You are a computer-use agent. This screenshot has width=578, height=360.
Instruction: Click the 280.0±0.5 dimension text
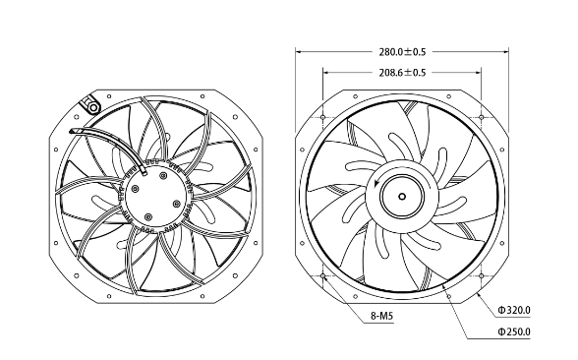pyautogui.click(x=402, y=52)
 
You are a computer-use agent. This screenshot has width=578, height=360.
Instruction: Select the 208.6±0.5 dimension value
pyautogui.click(x=402, y=73)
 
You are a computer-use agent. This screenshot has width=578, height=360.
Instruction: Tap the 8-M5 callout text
pyautogui.click(x=381, y=316)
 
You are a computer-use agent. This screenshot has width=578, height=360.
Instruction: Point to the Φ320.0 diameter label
pyautogui.click(x=514, y=310)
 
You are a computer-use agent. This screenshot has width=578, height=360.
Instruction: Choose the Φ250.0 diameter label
pyautogui.click(x=514, y=332)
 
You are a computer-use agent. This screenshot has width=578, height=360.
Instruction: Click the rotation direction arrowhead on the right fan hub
pyautogui.click(x=376, y=183)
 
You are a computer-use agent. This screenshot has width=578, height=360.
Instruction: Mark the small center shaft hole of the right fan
pyautogui.click(x=402, y=197)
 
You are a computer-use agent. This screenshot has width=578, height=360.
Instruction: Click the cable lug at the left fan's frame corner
pyautogui.click(x=90, y=104)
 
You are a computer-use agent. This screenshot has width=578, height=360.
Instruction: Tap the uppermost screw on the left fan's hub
pyautogui.click(x=163, y=175)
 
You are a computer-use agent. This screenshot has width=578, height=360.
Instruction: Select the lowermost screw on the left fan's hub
pyautogui.click(x=148, y=216)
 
